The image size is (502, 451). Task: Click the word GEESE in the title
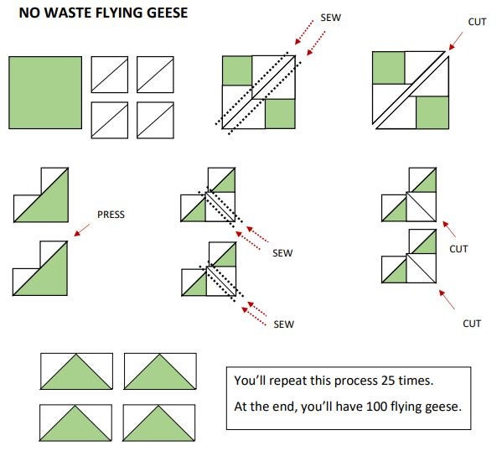click(x=167, y=13)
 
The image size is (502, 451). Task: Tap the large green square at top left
click(x=45, y=92)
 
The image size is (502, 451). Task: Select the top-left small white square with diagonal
click(x=110, y=75)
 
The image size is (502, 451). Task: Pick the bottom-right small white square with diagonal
click(x=155, y=120)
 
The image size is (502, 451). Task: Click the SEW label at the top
click(x=331, y=18)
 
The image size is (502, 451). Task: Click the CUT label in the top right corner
click(x=477, y=22)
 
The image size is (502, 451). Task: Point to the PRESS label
click(x=111, y=215)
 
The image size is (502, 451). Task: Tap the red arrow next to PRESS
click(x=82, y=230)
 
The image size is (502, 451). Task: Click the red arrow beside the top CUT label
click(x=455, y=41)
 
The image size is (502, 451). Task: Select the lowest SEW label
click(x=283, y=324)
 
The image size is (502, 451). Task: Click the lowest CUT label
click(x=472, y=324)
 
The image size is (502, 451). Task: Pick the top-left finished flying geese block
click(x=76, y=371)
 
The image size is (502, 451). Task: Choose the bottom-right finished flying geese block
click(x=158, y=422)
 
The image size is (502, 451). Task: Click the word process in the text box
click(x=353, y=381)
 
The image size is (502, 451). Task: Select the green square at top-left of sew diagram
click(x=237, y=70)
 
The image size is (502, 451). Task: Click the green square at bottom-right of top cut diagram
click(x=432, y=112)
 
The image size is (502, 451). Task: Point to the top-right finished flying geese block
click(x=160, y=371)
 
